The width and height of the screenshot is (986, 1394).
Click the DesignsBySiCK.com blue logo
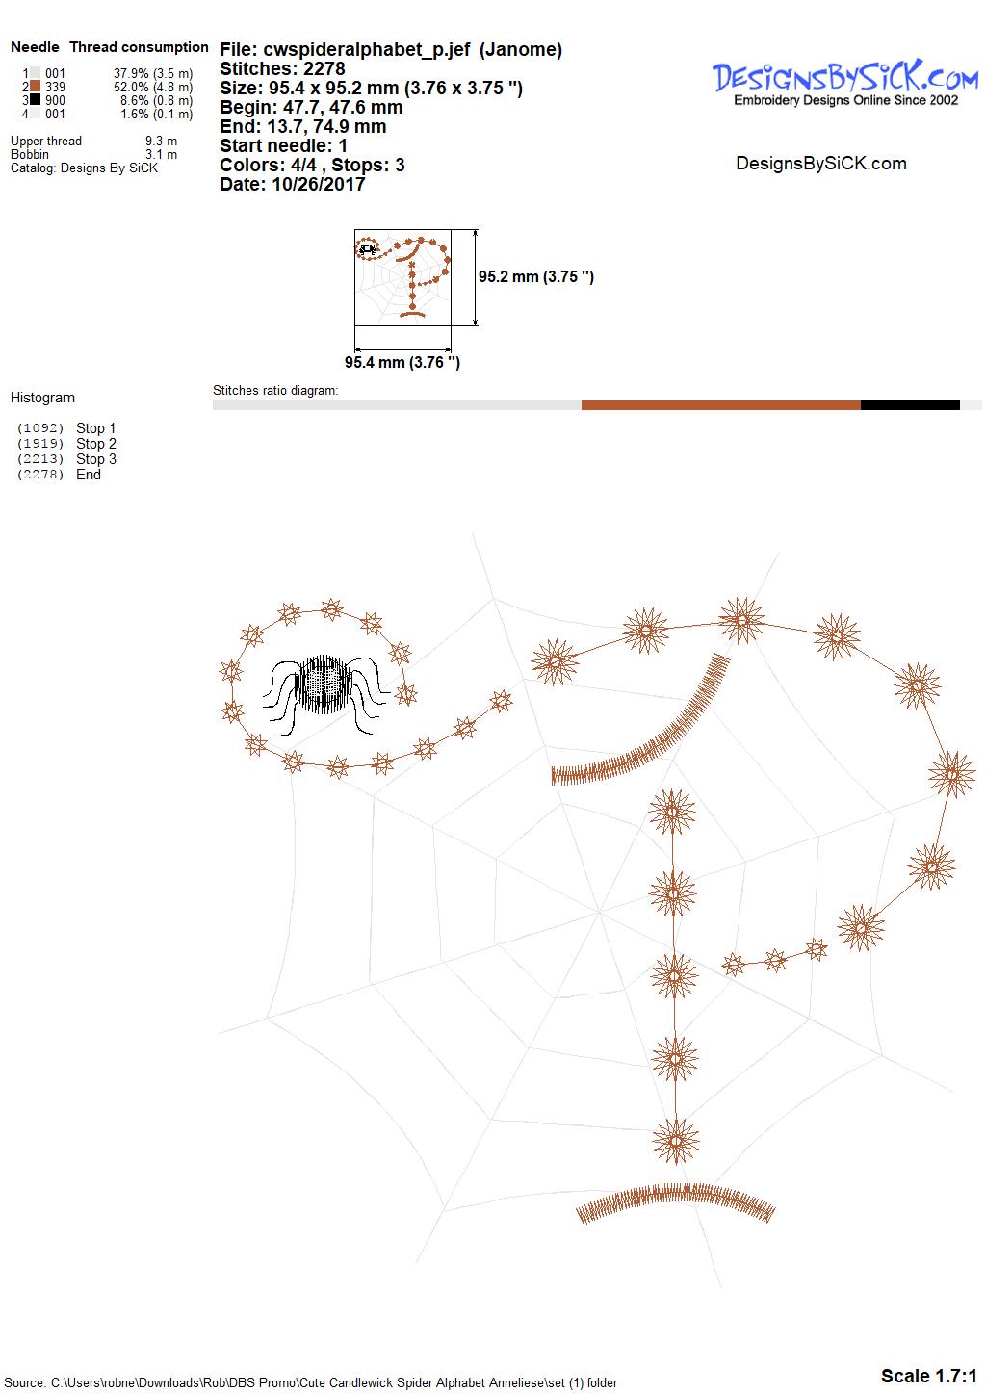click(845, 82)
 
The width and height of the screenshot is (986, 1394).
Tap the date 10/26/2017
click(318, 184)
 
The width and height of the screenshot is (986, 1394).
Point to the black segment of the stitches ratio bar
click(910, 405)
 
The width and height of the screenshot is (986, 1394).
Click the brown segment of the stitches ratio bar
click(721, 405)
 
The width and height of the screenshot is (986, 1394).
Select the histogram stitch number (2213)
click(39, 458)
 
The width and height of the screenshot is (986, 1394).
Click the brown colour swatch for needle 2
click(36, 87)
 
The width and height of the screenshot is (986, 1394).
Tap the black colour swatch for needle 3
click(36, 99)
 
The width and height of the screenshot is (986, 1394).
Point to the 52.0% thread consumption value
click(131, 87)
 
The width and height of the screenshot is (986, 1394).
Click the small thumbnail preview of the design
click(402, 277)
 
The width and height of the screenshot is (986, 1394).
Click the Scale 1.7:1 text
click(929, 1376)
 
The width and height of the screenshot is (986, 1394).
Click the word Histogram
click(42, 398)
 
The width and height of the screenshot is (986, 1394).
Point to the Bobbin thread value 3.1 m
click(161, 154)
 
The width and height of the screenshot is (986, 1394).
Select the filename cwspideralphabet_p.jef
click(367, 50)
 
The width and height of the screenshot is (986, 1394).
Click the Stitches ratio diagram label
click(275, 390)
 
